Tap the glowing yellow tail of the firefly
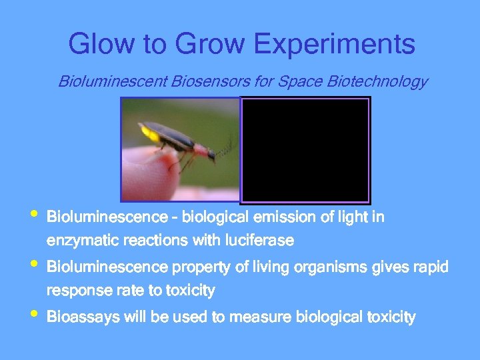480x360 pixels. [151, 135]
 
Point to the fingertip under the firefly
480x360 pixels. [147, 173]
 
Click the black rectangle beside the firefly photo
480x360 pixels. [305, 149]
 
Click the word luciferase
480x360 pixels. [261, 239]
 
